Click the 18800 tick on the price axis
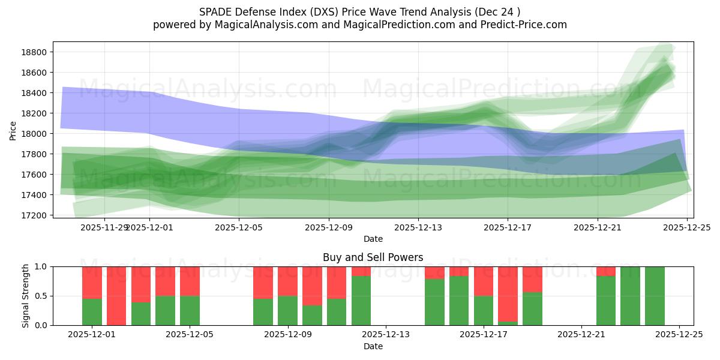pos(34,52)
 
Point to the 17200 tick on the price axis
pos(34,215)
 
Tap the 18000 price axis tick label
pos(34,134)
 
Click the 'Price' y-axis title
pos(13,130)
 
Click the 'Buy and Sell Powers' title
pos(373,257)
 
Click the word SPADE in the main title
pos(214,11)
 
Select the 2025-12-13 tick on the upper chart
pos(418,228)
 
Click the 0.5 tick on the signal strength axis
pos(42,296)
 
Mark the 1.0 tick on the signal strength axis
pos(42,266)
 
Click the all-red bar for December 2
pos(116,296)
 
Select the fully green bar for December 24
pos(655,296)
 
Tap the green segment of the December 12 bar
pos(361,301)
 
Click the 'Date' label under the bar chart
pos(373,346)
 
